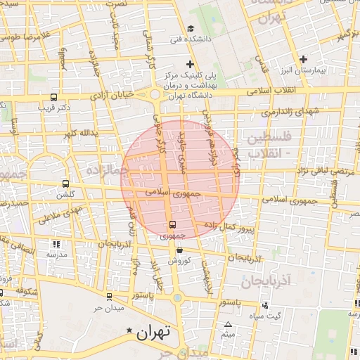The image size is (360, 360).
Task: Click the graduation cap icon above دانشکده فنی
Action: click(190, 27)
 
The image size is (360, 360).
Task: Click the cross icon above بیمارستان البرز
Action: click(303, 59)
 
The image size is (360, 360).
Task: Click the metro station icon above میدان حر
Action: click(108, 297)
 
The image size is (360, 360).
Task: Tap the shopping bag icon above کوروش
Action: click(179, 250)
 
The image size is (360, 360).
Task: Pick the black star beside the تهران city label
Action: click(128, 330)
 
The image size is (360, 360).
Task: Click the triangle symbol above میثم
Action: click(227, 325)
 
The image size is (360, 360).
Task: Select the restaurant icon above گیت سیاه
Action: click(265, 305)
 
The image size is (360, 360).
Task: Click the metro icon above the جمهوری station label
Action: click(172, 225)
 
